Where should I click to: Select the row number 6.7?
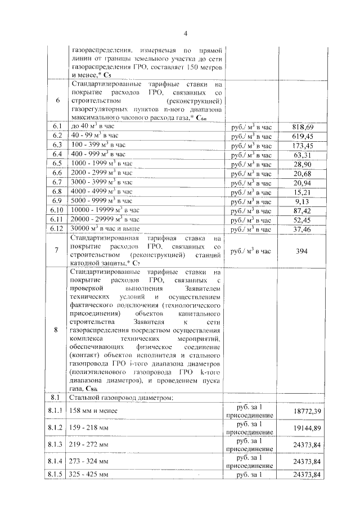click(x=56, y=182)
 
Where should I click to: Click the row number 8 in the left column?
click(x=56, y=330)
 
